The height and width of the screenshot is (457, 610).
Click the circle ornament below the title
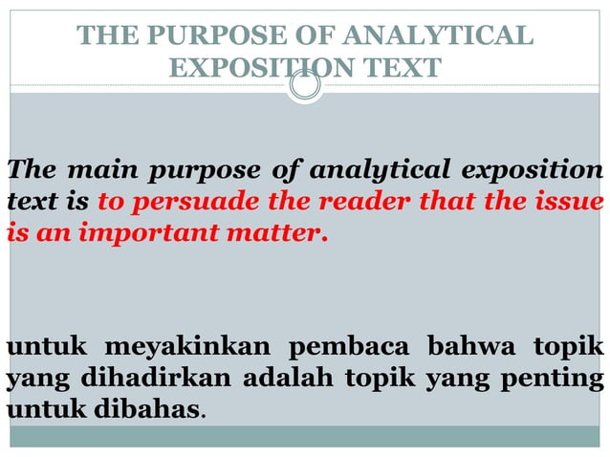(305, 87)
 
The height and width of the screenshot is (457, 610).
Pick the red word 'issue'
(571, 202)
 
